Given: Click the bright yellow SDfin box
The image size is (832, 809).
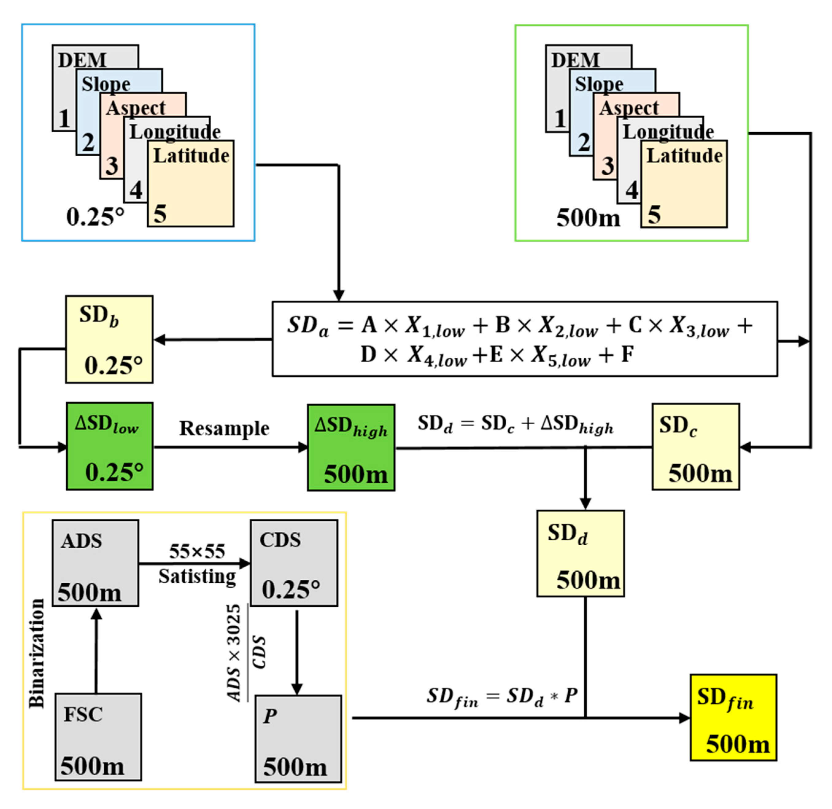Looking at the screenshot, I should [733, 717].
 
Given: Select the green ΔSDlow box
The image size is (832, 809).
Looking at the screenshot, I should [110, 446].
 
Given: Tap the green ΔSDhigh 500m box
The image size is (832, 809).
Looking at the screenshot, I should [351, 447].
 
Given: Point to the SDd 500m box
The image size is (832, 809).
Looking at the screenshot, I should [580, 553].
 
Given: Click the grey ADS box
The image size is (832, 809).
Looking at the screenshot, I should [95, 563].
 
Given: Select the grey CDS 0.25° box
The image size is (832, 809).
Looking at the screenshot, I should [294, 563].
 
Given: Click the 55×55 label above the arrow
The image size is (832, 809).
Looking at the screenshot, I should [197, 551].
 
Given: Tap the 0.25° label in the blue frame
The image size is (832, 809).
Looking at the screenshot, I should [95, 217].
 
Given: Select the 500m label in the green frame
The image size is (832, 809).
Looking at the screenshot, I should [588, 218].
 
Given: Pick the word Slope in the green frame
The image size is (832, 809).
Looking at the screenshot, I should [599, 84].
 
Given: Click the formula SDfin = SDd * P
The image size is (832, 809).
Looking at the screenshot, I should [501, 698].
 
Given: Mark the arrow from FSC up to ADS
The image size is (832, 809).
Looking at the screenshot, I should [96, 650].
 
